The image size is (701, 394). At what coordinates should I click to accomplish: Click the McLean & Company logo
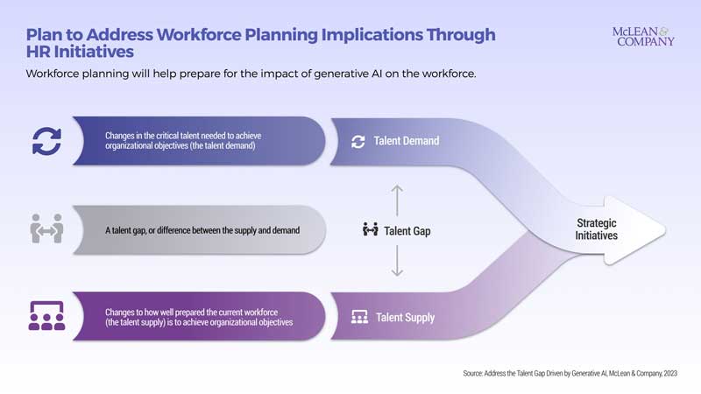644,36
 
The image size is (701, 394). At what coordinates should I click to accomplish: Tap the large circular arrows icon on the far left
46,140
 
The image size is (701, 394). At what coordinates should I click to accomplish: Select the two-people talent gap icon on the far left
46,229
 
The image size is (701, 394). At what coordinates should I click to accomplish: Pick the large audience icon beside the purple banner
46,315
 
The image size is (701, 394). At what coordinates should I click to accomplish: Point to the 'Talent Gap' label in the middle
407,230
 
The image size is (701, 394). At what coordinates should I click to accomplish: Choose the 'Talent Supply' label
405,317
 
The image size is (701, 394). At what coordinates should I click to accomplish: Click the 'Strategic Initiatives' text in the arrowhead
596,229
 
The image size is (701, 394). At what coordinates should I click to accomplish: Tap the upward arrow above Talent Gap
397,199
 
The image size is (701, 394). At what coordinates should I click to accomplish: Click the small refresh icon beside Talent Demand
358,141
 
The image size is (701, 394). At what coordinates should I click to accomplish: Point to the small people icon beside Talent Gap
370,230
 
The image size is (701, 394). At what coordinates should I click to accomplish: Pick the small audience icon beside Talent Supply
358,317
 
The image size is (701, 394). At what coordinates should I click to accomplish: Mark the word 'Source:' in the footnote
477,373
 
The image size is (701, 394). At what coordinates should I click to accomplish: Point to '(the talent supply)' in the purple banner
143,323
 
